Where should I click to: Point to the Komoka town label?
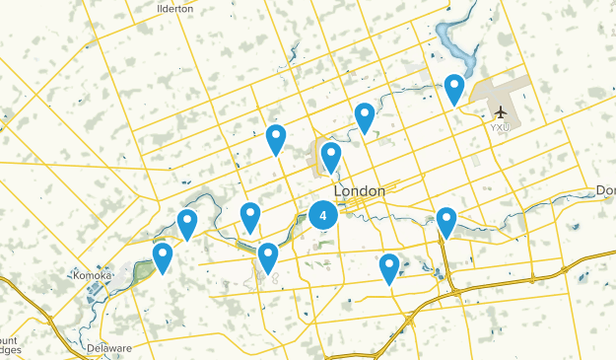click(x=92, y=275)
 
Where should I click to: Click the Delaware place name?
click(x=108, y=348)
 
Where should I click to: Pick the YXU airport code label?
click(x=502, y=127)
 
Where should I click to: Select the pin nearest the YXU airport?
click(x=453, y=89)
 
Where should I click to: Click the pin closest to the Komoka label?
click(x=163, y=257)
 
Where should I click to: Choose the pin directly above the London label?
click(x=331, y=156)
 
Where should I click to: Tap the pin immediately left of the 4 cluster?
click(x=250, y=216)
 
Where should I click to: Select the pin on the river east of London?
click(x=446, y=221)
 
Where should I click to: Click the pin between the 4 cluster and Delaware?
click(x=268, y=257)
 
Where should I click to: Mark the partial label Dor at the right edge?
click(x=605, y=190)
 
